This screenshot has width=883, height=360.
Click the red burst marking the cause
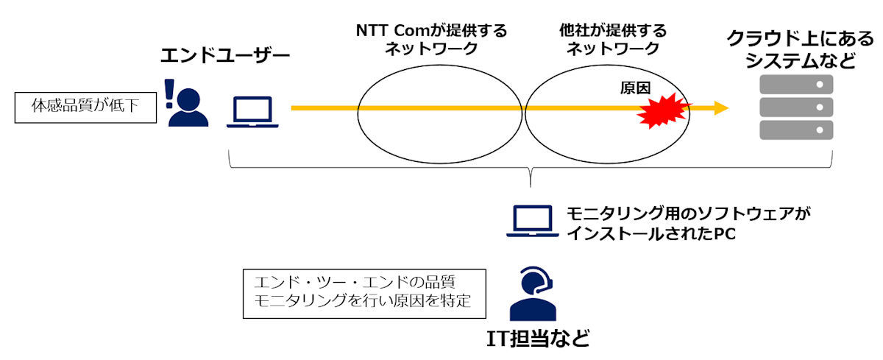pyautogui.click(x=664, y=111)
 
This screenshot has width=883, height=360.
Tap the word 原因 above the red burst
pyautogui.click(x=635, y=88)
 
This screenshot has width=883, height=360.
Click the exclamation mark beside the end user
pyautogui.click(x=169, y=93)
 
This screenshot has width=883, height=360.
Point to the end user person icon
pyautogui.click(x=188, y=107)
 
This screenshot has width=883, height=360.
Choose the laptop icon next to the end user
pyautogui.click(x=252, y=112)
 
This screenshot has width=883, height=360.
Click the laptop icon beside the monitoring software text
pyautogui.click(x=533, y=221)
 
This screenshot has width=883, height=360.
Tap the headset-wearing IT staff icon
pyautogui.click(x=533, y=293)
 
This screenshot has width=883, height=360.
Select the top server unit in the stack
pyautogui.click(x=796, y=85)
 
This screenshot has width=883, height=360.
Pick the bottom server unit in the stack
pyautogui.click(x=796, y=130)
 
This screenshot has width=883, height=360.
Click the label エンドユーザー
pyautogui.click(x=225, y=55)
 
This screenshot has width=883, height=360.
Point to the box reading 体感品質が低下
pyautogui.click(x=85, y=107)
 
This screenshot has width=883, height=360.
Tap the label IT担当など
pyautogui.click(x=538, y=339)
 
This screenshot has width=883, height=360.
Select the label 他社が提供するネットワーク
pyautogui.click(x=613, y=40)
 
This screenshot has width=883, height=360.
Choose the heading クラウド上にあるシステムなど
pyautogui.click(x=801, y=49)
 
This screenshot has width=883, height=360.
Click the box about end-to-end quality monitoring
pyautogui.click(x=365, y=294)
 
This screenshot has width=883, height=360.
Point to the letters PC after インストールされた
pyautogui.click(x=725, y=234)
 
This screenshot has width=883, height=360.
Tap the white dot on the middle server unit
pyautogui.click(x=820, y=107)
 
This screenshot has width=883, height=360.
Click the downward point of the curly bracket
pyautogui.click(x=531, y=186)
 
